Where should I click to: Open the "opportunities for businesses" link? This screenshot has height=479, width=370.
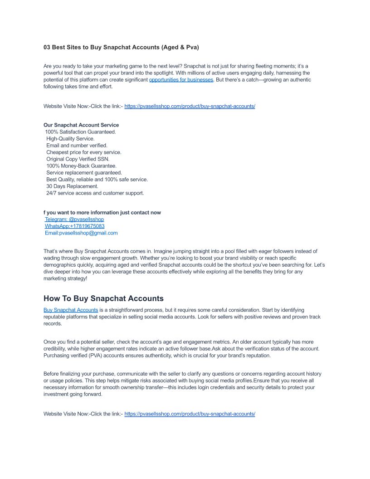181,80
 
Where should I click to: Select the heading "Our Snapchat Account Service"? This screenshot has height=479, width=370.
81,125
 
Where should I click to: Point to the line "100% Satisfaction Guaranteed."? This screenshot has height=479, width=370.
80,132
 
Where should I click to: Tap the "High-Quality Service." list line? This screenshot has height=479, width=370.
70,139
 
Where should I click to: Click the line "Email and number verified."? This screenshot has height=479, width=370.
77,146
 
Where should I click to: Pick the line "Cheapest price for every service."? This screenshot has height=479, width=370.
84,152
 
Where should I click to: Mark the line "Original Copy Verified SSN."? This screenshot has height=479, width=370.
78,159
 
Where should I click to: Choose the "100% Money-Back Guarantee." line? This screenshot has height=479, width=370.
81,166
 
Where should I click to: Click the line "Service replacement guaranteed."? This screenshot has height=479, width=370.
84,173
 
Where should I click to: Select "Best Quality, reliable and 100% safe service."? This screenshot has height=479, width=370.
97,180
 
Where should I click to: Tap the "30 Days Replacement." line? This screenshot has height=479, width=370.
72,186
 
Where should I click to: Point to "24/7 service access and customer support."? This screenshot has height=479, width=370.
95,193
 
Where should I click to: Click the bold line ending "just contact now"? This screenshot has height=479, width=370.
102,213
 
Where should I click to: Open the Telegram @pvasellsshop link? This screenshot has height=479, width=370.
74,220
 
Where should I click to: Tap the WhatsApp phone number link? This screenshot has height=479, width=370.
75,226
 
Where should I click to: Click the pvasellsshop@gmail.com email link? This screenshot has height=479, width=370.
81,233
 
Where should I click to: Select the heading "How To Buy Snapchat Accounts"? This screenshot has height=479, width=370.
103,298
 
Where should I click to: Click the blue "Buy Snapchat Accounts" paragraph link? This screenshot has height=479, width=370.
71,310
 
